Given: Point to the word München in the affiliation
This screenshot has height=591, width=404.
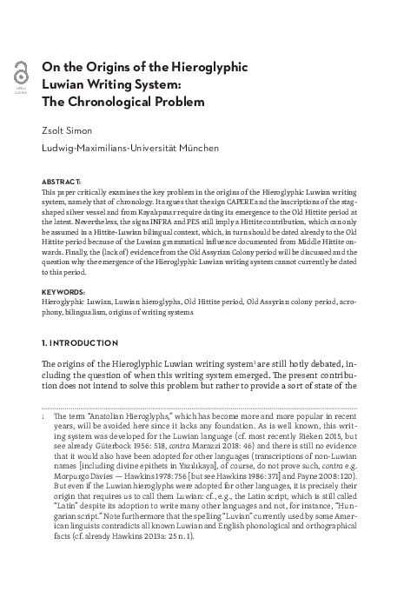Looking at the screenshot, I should coord(196,148).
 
